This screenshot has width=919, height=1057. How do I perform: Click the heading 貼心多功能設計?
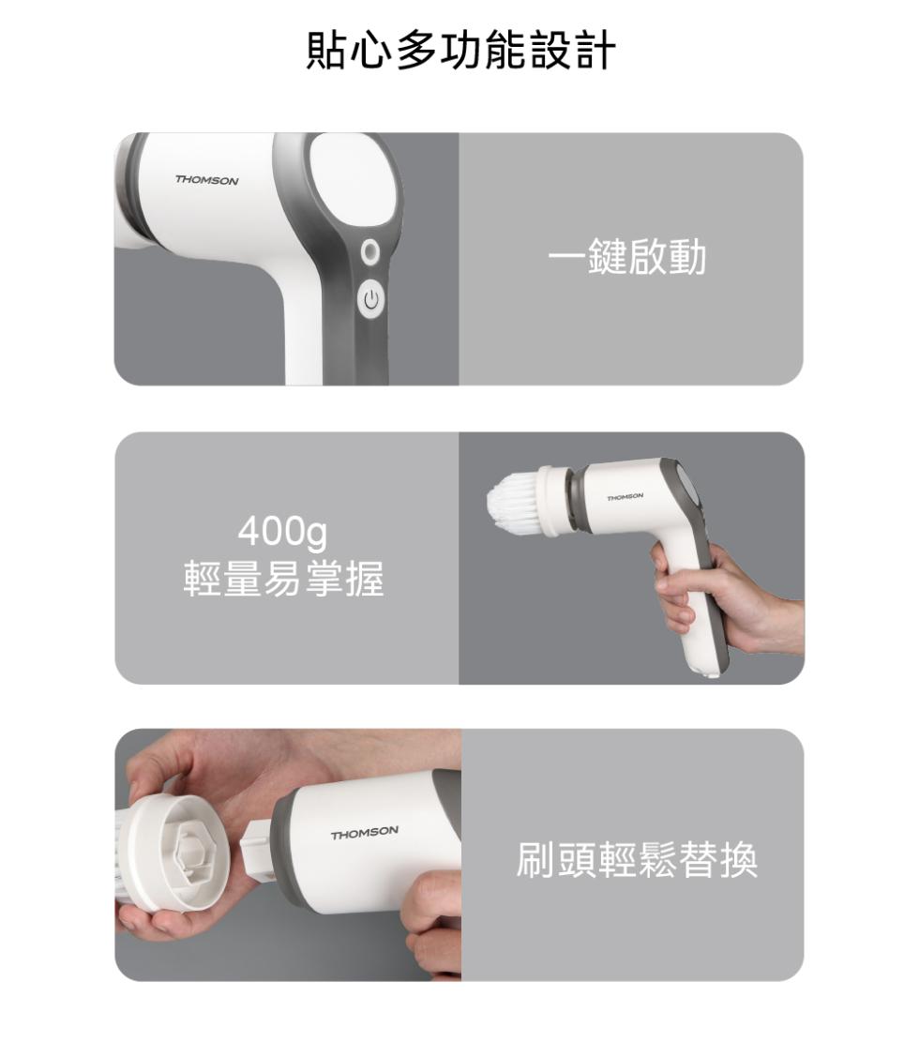[460, 50]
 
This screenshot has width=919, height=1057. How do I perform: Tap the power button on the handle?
[370, 298]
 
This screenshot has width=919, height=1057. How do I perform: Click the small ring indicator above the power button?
[369, 252]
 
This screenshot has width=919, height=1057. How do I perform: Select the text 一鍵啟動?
[627, 257]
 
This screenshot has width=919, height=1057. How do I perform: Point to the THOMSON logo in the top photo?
[206, 181]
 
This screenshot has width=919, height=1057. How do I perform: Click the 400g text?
[282, 532]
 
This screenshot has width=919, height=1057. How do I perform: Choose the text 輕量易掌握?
[284, 579]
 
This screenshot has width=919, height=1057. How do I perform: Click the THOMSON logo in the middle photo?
[625, 497]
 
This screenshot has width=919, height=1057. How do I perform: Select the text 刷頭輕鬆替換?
[637, 859]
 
